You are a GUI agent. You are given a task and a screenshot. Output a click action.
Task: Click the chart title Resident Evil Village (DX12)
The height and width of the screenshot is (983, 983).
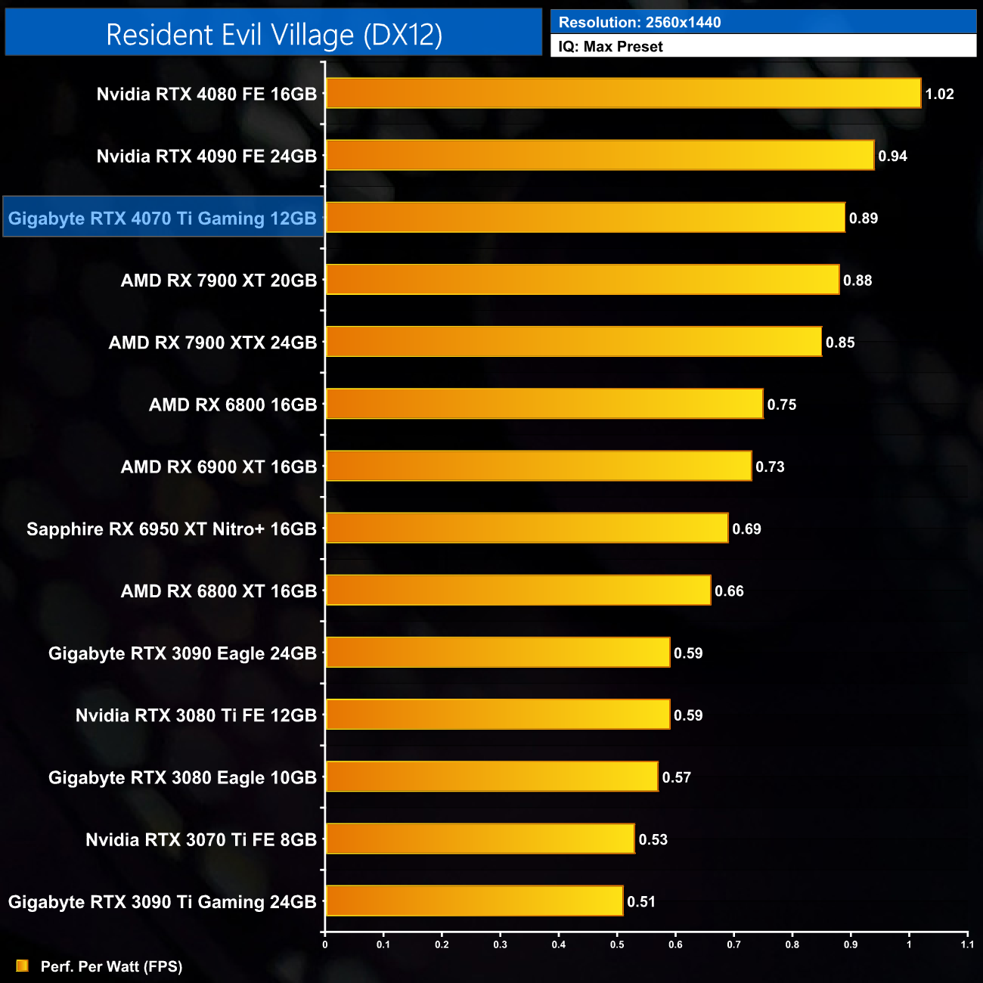(274, 35)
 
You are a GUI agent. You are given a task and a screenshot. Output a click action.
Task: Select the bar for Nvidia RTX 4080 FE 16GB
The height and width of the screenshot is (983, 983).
(623, 94)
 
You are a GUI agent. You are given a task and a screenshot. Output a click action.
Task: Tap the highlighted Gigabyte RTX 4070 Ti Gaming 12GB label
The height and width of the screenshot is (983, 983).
(163, 218)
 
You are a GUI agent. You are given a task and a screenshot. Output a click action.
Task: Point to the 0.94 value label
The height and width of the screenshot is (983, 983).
(892, 157)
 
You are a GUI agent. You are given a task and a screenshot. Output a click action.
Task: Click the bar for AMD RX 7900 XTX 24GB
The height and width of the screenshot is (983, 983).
(573, 342)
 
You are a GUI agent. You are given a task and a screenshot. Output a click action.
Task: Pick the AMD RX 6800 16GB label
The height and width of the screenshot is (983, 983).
(233, 405)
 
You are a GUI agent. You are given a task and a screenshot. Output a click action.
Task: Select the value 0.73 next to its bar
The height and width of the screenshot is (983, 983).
(770, 467)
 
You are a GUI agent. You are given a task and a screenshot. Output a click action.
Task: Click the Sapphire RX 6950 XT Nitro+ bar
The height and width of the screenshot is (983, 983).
(527, 529)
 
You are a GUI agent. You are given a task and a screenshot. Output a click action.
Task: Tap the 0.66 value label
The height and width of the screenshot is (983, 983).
(729, 591)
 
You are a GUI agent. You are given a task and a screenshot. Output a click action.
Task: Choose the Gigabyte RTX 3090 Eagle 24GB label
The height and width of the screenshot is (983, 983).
(182, 653)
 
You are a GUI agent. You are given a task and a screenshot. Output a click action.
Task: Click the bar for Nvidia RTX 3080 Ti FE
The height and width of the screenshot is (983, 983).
(498, 715)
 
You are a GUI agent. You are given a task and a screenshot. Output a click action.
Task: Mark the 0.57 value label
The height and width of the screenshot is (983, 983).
(676, 777)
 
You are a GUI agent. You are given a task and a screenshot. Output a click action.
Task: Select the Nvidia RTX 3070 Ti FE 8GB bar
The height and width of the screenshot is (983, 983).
(480, 839)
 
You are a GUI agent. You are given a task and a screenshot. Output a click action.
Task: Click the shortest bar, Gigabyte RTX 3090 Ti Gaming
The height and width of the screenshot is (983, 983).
(474, 901)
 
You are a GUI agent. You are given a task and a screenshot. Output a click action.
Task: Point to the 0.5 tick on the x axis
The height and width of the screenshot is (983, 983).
(617, 944)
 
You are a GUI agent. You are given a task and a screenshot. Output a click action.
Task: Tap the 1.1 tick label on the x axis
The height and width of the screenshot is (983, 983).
(967, 944)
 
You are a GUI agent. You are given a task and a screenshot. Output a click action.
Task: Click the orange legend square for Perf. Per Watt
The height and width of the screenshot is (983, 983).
(22, 966)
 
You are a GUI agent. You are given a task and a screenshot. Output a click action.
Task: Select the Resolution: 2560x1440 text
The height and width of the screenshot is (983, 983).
(640, 23)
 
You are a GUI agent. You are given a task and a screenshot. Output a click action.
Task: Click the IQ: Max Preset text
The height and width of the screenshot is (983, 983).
(610, 46)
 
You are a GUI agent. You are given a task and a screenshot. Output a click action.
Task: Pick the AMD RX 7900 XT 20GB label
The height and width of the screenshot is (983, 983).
(219, 281)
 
